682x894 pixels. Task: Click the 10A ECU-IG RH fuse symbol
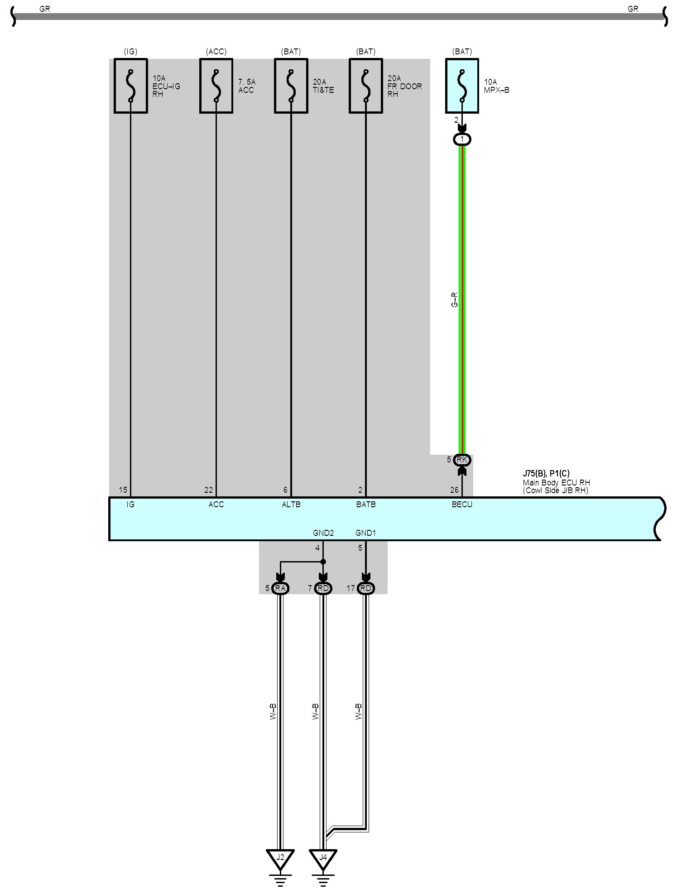pos(130,86)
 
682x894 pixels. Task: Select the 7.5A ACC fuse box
pos(216,86)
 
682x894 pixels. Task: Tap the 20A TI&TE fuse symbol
pos(291,86)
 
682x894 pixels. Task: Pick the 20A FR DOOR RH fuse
pos(365,86)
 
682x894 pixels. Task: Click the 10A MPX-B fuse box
pos(462,86)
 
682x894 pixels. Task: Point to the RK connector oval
pos(462,460)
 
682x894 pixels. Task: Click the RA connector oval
pos(280,588)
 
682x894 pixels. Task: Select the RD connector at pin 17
pos(365,588)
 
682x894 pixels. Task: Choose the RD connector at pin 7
pos(323,588)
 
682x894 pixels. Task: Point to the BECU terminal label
pos(462,505)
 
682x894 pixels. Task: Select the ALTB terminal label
pos(291,505)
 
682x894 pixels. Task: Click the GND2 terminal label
pos(323,533)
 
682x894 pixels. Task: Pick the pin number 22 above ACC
pos(208,490)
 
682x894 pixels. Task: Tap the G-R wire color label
pos(455,299)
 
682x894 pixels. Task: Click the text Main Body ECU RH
pos(556,483)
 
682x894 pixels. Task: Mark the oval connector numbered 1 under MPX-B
pos(462,139)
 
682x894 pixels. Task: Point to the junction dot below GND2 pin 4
pos(323,562)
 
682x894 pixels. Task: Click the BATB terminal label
pos(365,505)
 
